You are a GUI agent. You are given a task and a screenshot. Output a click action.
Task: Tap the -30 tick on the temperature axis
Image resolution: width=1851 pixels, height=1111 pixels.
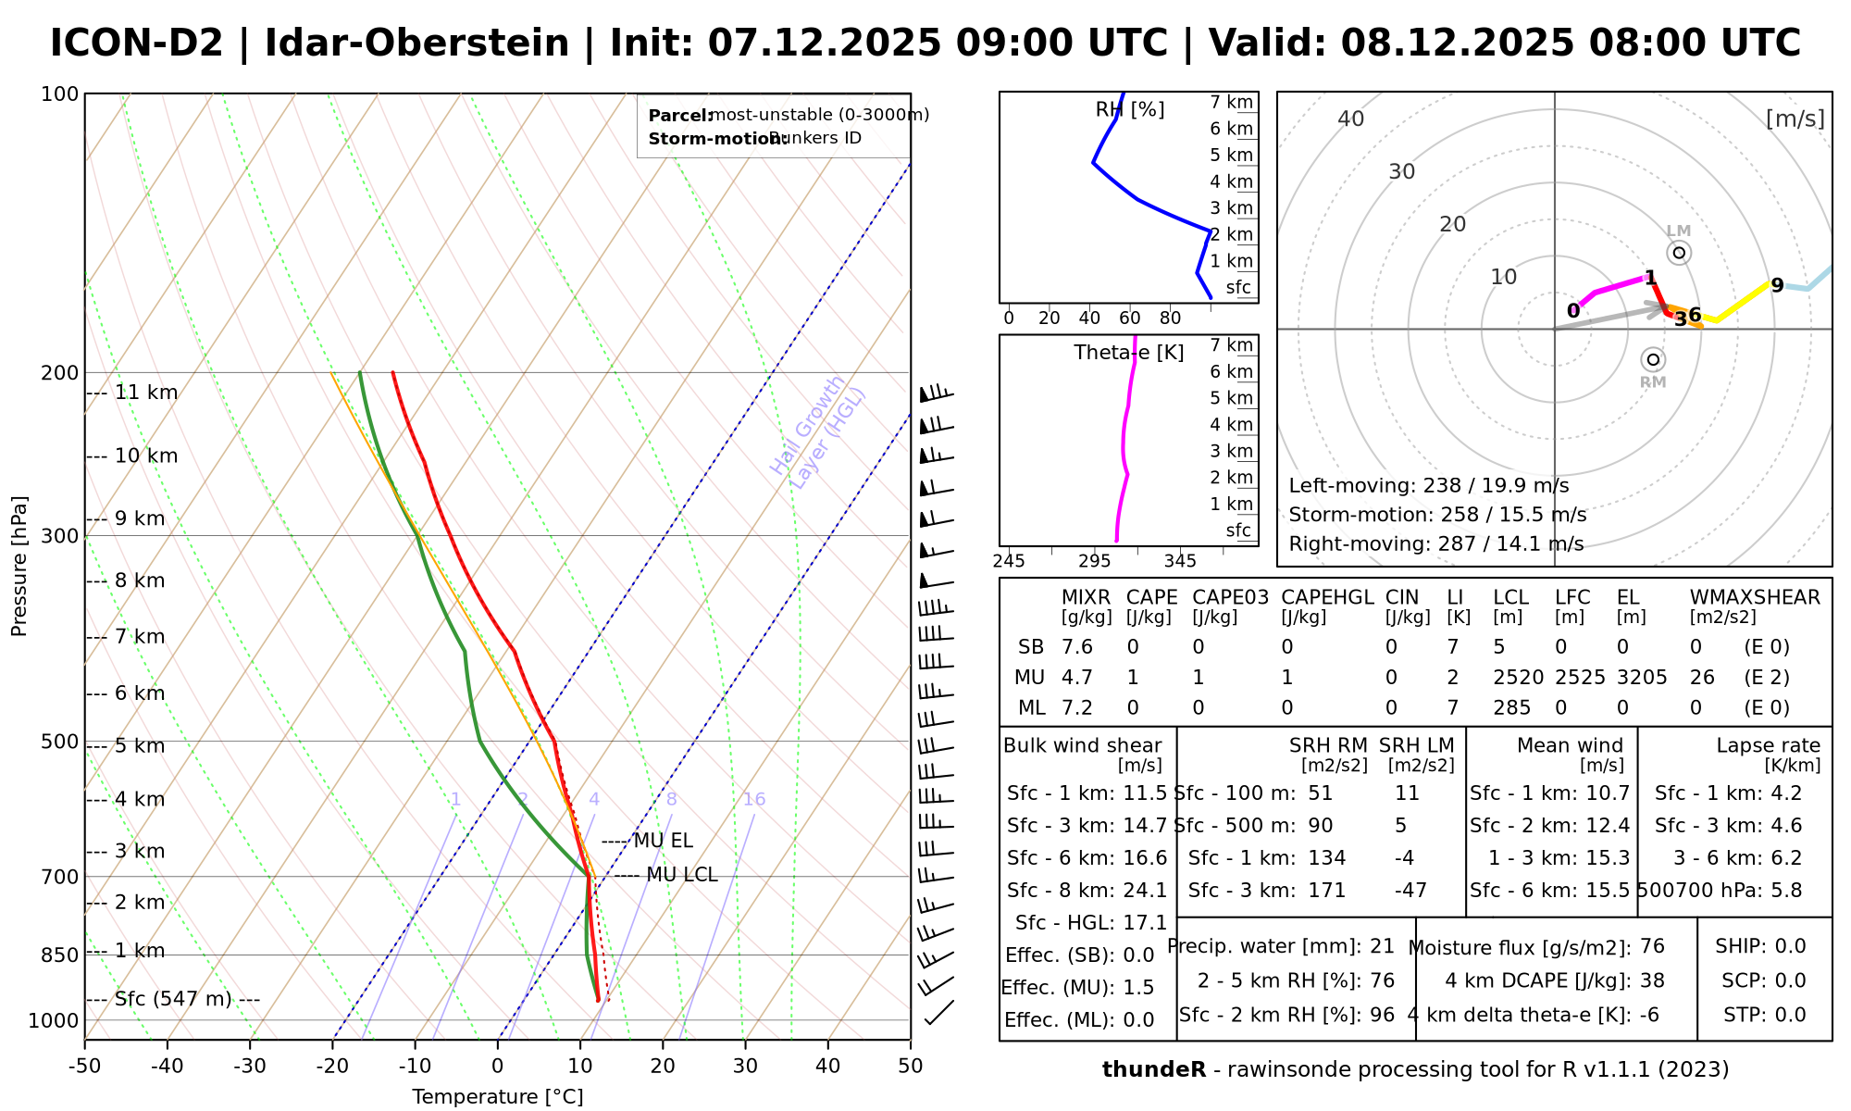tap(250, 1067)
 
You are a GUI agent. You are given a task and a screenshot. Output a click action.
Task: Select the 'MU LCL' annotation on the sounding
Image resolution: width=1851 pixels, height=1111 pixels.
tap(681, 875)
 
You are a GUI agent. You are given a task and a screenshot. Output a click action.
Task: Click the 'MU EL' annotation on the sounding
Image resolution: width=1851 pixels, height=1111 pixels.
tap(663, 842)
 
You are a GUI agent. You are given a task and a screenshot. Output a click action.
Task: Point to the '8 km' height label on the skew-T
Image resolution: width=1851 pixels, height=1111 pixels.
tap(139, 581)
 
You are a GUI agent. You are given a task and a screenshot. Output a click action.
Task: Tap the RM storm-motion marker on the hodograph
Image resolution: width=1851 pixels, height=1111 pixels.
tap(1653, 359)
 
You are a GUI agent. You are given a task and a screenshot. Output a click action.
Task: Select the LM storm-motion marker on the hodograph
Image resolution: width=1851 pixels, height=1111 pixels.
tap(1679, 253)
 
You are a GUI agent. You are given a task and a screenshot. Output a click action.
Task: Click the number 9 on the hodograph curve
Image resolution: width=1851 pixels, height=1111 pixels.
tap(1777, 285)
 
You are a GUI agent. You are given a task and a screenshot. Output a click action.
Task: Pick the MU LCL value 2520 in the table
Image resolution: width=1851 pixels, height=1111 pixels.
tap(1518, 678)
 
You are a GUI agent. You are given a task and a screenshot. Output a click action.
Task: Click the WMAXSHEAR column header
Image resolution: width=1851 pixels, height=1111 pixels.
tap(1755, 598)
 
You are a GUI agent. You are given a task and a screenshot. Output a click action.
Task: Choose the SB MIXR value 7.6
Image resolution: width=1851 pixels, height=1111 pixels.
tap(1077, 647)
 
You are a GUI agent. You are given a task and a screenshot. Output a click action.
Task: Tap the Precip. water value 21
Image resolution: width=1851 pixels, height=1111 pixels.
tap(1382, 946)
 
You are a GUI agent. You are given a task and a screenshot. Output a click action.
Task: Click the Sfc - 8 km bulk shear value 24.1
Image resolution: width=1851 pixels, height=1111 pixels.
tap(1145, 891)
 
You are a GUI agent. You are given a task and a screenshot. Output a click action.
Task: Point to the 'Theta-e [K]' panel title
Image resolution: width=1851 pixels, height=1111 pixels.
tap(1128, 353)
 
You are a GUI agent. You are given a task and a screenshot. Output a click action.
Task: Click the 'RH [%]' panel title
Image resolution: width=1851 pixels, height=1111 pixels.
tap(1129, 110)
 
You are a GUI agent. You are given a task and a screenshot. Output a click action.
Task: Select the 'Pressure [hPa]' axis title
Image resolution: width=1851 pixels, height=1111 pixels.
tap(19, 566)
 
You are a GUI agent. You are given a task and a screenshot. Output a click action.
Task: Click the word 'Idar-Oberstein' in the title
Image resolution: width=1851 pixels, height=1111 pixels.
tap(416, 44)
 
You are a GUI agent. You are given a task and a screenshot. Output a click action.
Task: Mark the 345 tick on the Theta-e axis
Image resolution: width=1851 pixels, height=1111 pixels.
tap(1180, 561)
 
